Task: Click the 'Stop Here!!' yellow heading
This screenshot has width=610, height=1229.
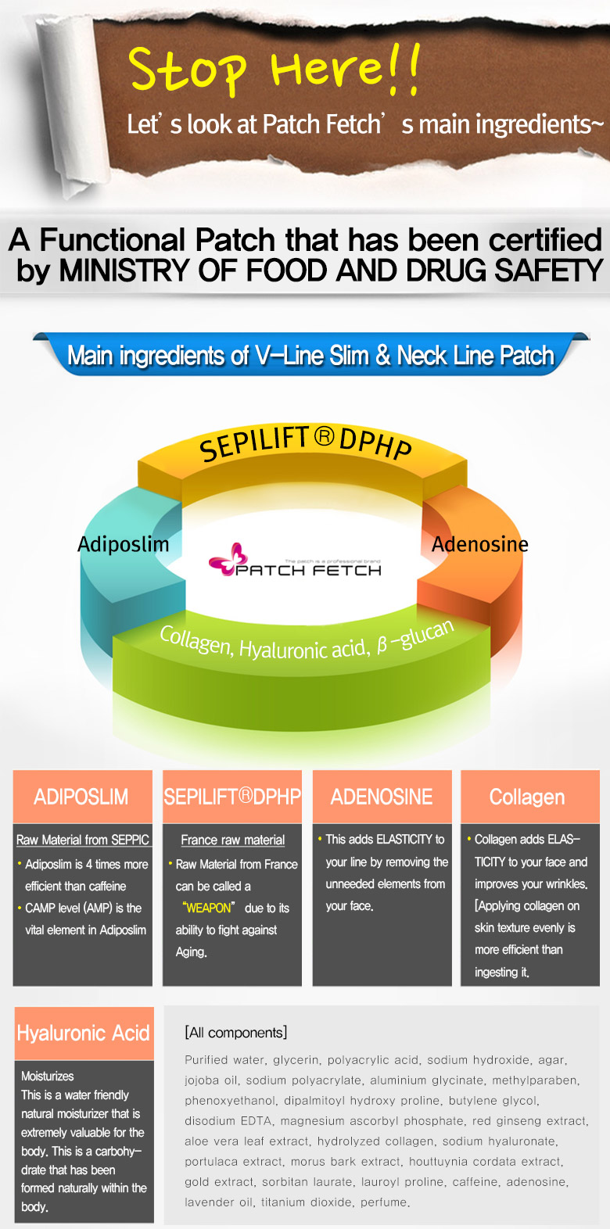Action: (x=274, y=69)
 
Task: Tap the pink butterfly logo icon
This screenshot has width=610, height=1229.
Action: (x=228, y=558)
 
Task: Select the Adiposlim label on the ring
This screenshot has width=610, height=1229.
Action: (x=123, y=544)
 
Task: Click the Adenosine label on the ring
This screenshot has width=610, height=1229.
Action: (x=479, y=544)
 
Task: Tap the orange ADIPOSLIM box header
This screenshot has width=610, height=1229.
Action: (x=81, y=797)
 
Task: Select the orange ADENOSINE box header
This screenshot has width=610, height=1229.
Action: (x=382, y=797)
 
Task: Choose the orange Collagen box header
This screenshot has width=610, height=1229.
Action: (x=527, y=797)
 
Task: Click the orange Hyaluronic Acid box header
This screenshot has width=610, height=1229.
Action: (x=84, y=1034)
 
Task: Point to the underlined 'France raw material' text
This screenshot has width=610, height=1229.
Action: (x=232, y=840)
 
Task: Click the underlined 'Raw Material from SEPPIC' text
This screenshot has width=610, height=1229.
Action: (x=82, y=840)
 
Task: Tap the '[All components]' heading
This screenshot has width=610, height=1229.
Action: (x=235, y=1033)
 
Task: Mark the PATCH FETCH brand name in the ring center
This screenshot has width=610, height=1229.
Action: (x=309, y=570)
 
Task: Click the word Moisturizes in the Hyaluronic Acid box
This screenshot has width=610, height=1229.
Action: (x=48, y=1076)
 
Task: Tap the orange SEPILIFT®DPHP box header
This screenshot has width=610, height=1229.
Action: (x=232, y=797)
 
